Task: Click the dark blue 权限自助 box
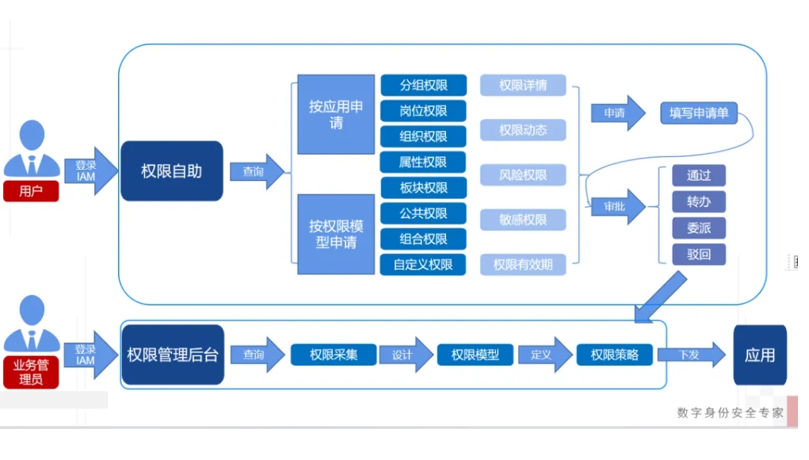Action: coord(171,171)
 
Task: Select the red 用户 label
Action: coord(30,191)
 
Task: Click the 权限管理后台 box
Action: coord(172,355)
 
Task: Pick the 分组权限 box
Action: coord(423,86)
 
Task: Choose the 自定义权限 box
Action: coord(423,264)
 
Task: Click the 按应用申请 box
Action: coord(336,114)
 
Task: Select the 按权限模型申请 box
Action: coord(336,234)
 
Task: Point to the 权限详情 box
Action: coord(523,85)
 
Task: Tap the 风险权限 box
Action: coord(523,174)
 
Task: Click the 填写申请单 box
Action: coord(699,113)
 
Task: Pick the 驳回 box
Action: coord(699,255)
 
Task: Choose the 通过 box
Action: coord(699,175)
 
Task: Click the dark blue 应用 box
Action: coord(760,355)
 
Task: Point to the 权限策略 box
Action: coord(615,355)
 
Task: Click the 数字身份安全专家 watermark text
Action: coord(730,412)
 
